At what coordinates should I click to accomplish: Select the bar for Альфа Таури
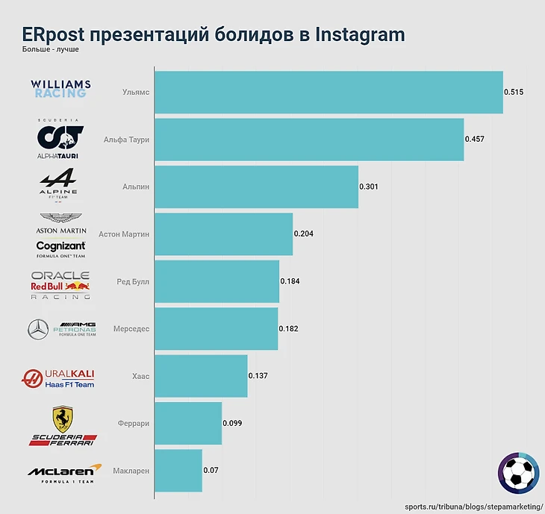point(309,140)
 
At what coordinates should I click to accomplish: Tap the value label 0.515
point(514,92)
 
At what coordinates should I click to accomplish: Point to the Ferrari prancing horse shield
point(62,419)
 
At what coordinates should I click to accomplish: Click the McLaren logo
point(63,471)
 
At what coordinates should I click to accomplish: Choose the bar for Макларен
point(178,470)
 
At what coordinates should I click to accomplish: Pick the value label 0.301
point(369,187)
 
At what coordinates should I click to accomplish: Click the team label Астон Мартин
point(124,234)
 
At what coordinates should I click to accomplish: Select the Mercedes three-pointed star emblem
point(37,329)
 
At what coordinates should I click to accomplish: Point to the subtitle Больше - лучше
point(52,50)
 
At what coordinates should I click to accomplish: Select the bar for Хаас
point(201,376)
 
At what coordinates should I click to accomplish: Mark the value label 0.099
point(233,423)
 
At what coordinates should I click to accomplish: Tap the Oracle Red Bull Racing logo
point(60,285)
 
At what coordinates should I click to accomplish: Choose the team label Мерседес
point(131,329)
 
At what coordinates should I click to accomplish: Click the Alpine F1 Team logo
point(57,187)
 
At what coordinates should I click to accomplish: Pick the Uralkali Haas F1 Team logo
point(58,377)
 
